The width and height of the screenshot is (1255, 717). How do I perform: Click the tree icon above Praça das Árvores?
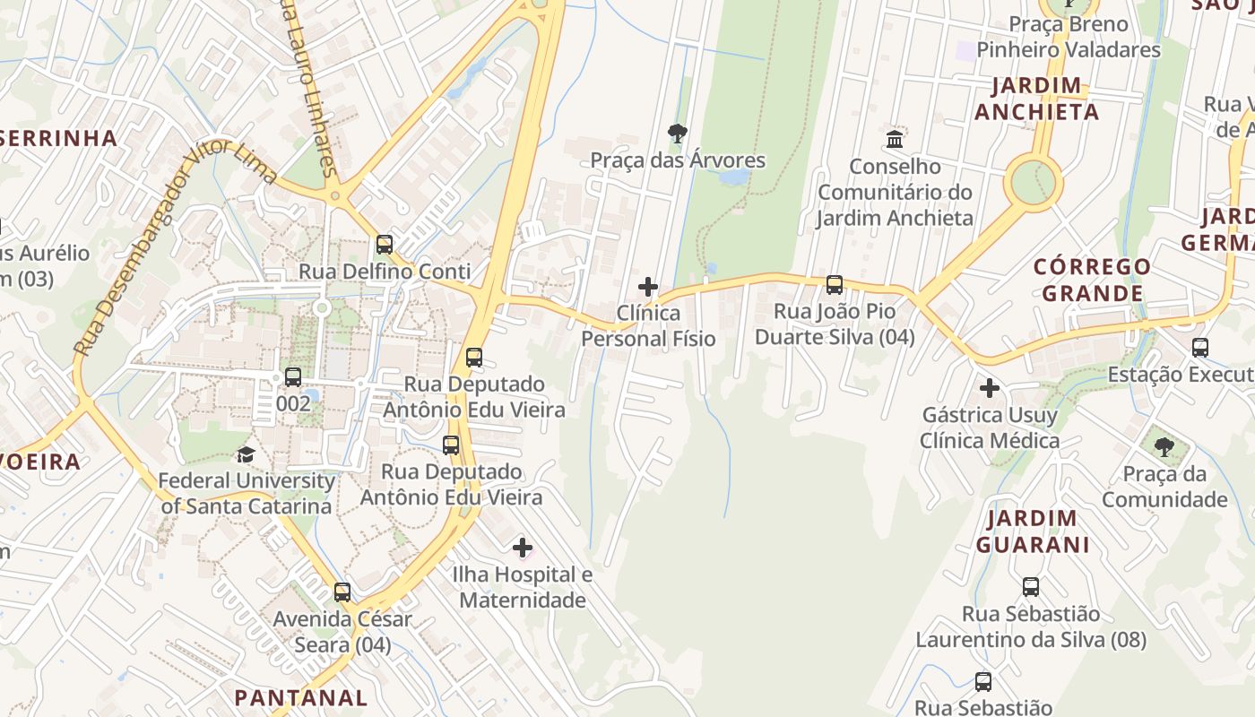(x=678, y=134)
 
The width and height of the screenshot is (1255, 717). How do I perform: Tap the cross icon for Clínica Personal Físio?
(x=647, y=287)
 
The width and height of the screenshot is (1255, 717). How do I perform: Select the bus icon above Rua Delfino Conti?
(x=385, y=244)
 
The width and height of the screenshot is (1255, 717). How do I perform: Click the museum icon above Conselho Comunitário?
(x=895, y=140)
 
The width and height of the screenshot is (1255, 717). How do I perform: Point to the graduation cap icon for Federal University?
(x=246, y=454)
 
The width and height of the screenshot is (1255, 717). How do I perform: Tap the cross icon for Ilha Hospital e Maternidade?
(x=523, y=547)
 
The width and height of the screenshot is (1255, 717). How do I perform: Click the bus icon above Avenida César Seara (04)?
(x=342, y=592)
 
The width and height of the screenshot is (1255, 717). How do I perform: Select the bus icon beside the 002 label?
(x=293, y=376)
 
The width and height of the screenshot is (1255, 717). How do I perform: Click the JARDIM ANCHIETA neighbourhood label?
(x=1037, y=99)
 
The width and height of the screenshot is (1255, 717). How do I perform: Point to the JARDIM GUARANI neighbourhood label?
(x=1033, y=531)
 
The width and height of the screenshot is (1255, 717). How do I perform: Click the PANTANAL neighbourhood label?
(x=301, y=697)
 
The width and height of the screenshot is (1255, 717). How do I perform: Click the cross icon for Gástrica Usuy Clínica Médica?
(x=989, y=388)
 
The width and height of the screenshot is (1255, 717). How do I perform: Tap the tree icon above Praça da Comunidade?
(x=1164, y=446)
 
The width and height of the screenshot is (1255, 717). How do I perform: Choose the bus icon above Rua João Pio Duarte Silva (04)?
(x=835, y=285)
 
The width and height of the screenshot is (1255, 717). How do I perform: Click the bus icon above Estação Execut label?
(x=1200, y=347)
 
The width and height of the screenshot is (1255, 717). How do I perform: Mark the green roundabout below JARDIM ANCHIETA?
(x=1033, y=182)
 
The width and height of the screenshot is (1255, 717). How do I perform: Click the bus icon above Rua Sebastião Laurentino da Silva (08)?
(x=1031, y=587)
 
